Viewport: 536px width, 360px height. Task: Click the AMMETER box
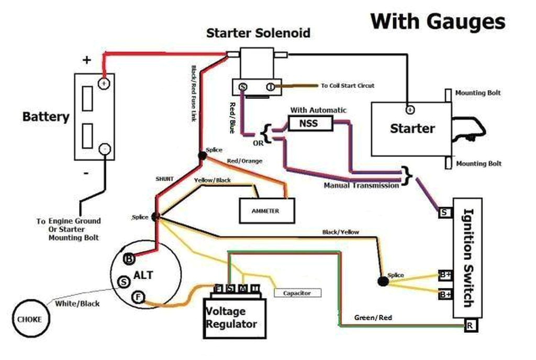265,211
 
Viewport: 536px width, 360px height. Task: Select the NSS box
310,123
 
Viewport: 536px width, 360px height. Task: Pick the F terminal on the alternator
138,297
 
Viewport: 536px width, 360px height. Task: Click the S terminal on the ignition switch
444,212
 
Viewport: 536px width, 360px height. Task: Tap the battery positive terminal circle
105,83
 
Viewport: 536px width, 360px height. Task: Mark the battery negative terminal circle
105,150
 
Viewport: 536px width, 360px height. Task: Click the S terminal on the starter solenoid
242,86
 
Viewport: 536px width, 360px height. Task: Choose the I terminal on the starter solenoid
270,86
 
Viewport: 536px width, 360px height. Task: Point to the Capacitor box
297,294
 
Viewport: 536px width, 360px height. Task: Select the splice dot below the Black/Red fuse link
202,155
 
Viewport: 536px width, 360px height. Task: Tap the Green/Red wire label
373,318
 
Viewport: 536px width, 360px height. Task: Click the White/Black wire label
77,303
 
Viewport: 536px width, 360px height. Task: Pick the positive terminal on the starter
410,110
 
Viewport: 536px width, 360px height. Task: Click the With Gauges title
438,21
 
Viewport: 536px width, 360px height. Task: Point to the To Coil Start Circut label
348,85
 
